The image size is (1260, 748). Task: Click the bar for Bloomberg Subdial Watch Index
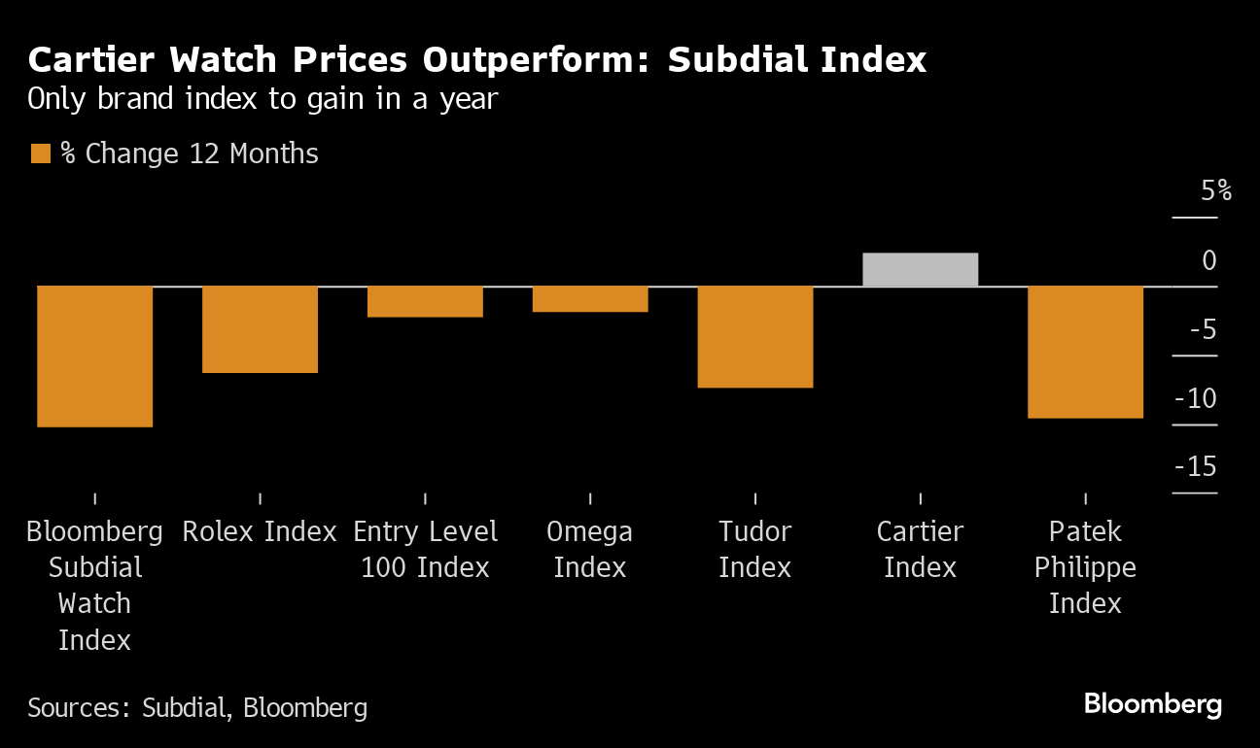pyautogui.click(x=94, y=356)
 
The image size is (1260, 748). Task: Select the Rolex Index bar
pyautogui.click(x=260, y=328)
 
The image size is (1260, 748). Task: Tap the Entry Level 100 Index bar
pyautogui.click(x=425, y=301)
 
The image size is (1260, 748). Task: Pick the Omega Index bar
pyautogui.click(x=590, y=298)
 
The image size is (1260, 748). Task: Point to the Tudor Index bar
pyautogui.click(x=755, y=336)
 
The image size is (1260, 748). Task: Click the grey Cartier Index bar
pyautogui.click(x=920, y=269)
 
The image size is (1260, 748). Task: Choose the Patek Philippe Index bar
pyautogui.click(x=1085, y=352)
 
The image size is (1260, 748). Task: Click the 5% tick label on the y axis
pyautogui.click(x=1215, y=191)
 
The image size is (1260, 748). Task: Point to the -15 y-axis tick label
pyautogui.click(x=1196, y=467)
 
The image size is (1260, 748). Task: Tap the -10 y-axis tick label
pyautogui.click(x=1196, y=398)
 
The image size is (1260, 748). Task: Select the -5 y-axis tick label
pyautogui.click(x=1202, y=329)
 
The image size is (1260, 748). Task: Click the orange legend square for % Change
pyautogui.click(x=40, y=154)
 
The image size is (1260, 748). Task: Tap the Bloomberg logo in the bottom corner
pyautogui.click(x=1152, y=704)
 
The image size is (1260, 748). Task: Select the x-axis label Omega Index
pyautogui.click(x=590, y=549)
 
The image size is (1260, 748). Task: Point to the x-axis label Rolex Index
pyautogui.click(x=260, y=531)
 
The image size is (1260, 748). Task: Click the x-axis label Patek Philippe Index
pyautogui.click(x=1085, y=567)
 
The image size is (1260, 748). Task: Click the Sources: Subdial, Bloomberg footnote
pyautogui.click(x=197, y=707)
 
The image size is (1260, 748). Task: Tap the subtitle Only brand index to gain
pyautogui.click(x=262, y=99)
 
